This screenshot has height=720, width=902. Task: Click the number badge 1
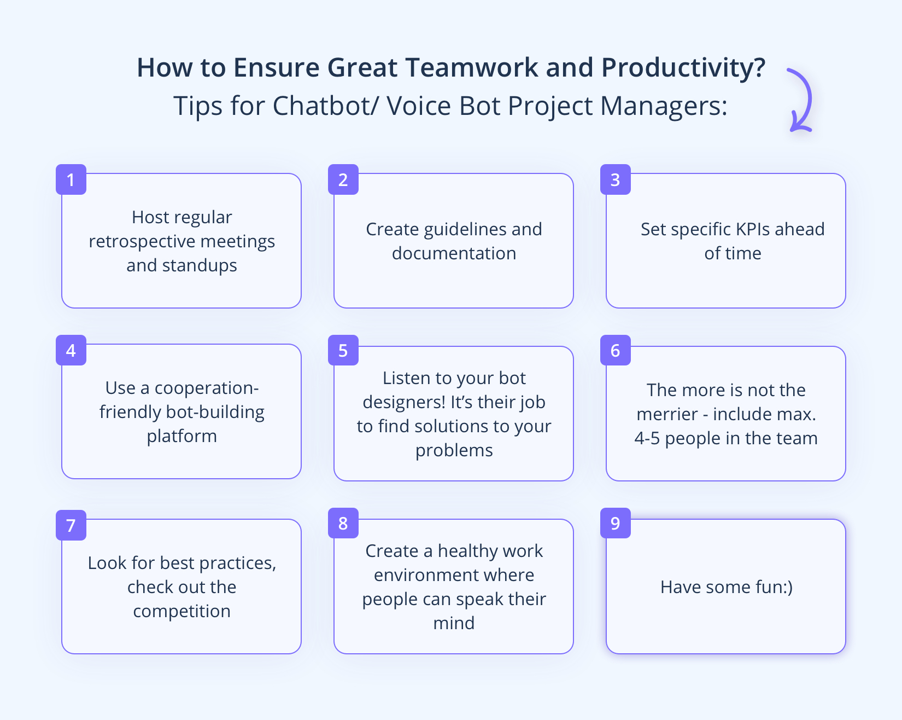pos(71,179)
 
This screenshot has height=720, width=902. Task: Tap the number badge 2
pos(343,179)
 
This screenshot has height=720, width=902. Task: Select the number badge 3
pos(616,179)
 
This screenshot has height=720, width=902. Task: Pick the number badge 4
pos(71,350)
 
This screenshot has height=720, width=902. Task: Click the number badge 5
pos(343,350)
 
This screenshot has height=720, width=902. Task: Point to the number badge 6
pos(616,350)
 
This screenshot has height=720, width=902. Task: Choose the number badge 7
pos(71,525)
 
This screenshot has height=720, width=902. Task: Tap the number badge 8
pos(343,523)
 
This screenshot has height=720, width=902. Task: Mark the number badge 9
pos(616,523)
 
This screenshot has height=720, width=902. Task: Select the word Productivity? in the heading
pos(683,68)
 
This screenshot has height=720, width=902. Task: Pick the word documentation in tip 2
pos(454,253)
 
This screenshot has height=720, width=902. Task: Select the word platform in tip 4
pos(181,436)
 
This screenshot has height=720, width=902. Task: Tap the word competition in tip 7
pos(181,611)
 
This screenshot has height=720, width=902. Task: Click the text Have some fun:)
pos(726,587)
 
